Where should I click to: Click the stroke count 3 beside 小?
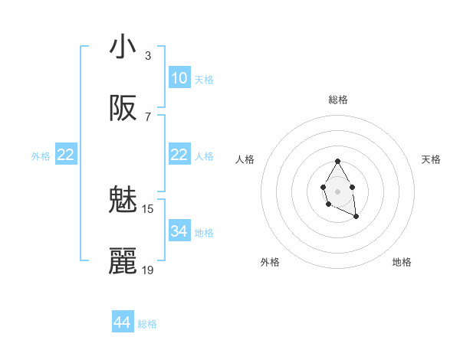(x=148, y=56)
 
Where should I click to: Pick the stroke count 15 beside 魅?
(x=148, y=208)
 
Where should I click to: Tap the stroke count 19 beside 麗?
(x=148, y=270)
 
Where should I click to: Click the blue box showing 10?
(x=179, y=78)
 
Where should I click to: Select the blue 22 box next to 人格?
(x=179, y=155)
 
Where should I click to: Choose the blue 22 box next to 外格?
(x=66, y=155)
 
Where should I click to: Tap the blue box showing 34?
(x=179, y=231)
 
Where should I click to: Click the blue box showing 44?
(x=122, y=322)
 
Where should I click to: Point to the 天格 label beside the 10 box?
(x=203, y=80)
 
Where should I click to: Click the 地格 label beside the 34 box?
(x=203, y=233)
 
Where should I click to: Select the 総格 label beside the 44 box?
(x=147, y=324)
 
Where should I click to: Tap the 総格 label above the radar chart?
(x=337, y=100)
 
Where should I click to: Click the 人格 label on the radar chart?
(x=245, y=159)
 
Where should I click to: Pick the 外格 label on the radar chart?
(x=269, y=262)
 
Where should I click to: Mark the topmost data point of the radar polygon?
(x=337, y=162)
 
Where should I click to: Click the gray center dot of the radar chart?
(x=337, y=190)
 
